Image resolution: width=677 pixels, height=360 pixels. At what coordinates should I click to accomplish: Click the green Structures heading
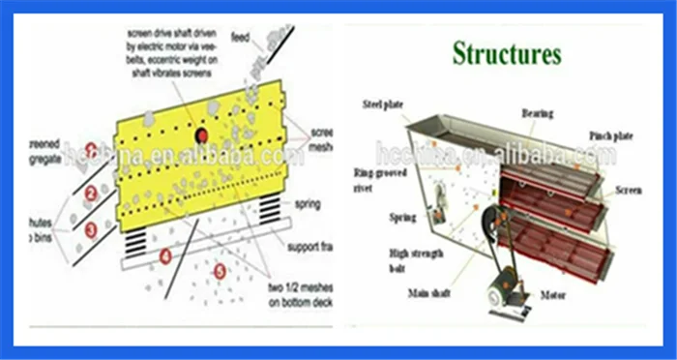506,53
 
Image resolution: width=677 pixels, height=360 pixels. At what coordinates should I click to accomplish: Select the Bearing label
538,114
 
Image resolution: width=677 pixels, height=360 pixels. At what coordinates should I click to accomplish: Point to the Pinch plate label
611,136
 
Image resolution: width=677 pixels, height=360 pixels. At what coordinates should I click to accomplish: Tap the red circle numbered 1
90,149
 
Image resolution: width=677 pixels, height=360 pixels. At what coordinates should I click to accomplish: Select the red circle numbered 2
90,193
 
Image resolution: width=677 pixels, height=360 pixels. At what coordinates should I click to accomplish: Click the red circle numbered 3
90,230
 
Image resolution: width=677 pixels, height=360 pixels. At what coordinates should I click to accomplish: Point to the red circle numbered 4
165,257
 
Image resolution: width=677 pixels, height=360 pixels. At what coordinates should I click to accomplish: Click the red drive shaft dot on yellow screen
202,135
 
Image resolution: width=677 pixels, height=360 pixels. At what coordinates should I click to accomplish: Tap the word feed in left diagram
240,39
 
